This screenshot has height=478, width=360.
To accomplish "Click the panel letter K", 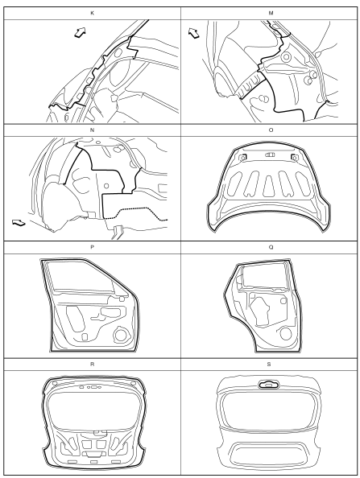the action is [x=92, y=13].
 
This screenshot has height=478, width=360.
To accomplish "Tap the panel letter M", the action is [x=271, y=13].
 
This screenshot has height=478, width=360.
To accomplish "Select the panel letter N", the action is [x=92, y=130].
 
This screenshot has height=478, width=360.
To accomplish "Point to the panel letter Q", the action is [x=271, y=247].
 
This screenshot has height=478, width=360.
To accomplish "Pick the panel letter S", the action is [x=269, y=365].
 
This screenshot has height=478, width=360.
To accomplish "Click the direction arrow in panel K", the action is [x=81, y=32].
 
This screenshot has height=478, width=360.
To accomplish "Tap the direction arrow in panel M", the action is [x=193, y=33].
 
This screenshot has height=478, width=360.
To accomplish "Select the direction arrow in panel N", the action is [x=19, y=223].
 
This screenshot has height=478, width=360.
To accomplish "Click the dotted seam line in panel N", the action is [x=136, y=212].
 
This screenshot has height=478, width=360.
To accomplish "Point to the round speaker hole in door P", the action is [x=122, y=335].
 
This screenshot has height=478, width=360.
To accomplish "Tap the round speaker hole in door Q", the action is [x=286, y=333].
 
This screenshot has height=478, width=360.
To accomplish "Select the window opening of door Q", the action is [x=264, y=276].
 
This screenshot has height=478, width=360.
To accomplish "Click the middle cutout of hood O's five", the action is [x=269, y=186].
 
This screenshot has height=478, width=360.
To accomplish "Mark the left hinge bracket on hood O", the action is [x=242, y=157].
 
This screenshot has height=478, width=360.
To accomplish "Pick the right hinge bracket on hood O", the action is [x=295, y=157].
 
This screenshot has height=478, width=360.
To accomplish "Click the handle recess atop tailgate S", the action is [x=269, y=385].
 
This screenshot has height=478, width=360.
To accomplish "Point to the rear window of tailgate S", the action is [x=268, y=411].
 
